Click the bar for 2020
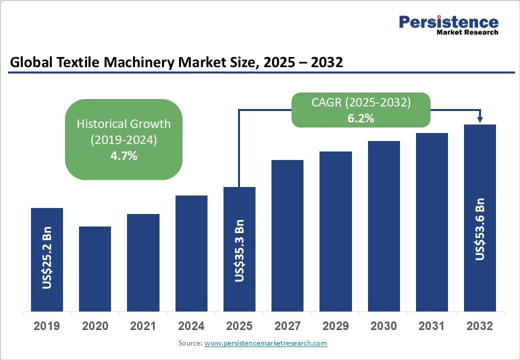(95, 269)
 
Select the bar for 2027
(287, 235)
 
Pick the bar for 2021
(143, 262)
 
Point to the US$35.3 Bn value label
(239, 250)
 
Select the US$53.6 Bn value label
(480, 229)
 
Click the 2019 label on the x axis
(46, 326)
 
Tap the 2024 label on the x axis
(191, 326)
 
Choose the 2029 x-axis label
(335, 326)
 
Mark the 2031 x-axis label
(431, 326)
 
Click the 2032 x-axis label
(479, 326)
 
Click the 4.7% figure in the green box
(123, 155)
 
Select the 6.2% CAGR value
(360, 118)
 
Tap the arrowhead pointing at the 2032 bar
(480, 119)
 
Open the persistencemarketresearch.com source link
(265, 343)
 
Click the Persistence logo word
(448, 21)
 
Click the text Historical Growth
(123, 123)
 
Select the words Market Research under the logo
(467, 32)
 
